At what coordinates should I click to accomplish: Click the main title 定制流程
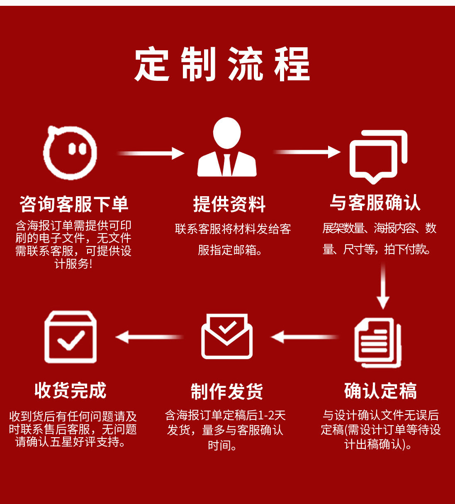click(222, 64)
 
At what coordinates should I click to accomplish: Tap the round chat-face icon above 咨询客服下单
click(70, 152)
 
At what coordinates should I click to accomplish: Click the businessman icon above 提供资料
click(227, 147)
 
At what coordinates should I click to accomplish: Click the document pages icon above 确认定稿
click(378, 343)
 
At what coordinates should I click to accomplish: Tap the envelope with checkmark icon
click(227, 336)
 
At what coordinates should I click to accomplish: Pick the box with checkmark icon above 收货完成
click(71, 337)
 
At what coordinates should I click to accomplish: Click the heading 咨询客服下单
click(74, 204)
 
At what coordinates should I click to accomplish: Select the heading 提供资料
click(229, 204)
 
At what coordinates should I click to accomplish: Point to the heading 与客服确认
click(375, 203)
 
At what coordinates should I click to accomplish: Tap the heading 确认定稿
click(380, 390)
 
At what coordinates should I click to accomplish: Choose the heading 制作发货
click(227, 391)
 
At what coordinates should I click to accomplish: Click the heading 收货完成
click(71, 390)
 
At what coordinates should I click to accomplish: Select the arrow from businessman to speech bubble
click(307, 152)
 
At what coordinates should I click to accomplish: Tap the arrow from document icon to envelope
click(304, 337)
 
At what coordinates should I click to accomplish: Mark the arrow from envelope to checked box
click(149, 337)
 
